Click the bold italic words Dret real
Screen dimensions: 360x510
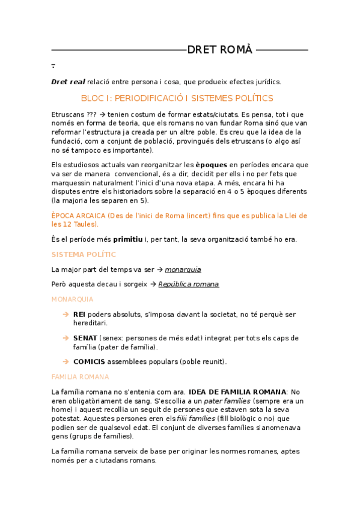(x=68, y=82)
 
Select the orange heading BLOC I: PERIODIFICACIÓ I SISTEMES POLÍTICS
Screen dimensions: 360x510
(x=177, y=98)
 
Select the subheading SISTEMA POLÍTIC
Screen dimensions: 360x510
(x=84, y=254)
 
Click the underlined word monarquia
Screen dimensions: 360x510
(x=183, y=269)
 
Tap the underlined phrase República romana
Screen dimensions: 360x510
(x=188, y=284)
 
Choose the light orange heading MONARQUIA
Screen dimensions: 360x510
(x=72, y=299)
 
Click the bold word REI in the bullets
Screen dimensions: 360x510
(x=79, y=315)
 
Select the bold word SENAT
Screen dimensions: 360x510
(x=85, y=338)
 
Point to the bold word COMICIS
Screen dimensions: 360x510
(x=89, y=361)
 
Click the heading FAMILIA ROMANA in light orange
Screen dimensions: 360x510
(x=81, y=376)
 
